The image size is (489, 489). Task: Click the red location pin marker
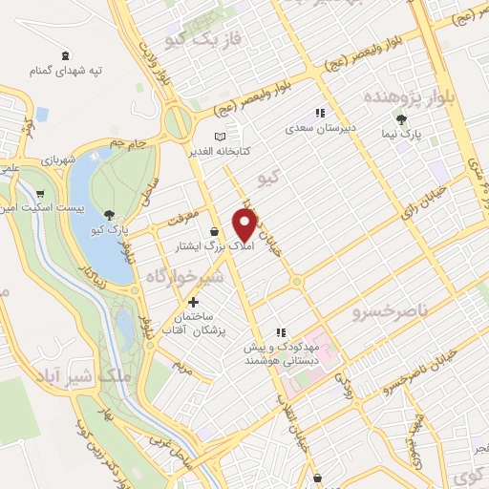245,223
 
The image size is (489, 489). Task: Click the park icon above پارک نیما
402,120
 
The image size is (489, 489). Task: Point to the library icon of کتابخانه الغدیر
223,136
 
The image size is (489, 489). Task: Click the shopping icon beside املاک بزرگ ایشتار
215,231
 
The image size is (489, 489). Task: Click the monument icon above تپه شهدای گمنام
65,56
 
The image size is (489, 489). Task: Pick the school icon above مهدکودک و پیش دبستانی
281,332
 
